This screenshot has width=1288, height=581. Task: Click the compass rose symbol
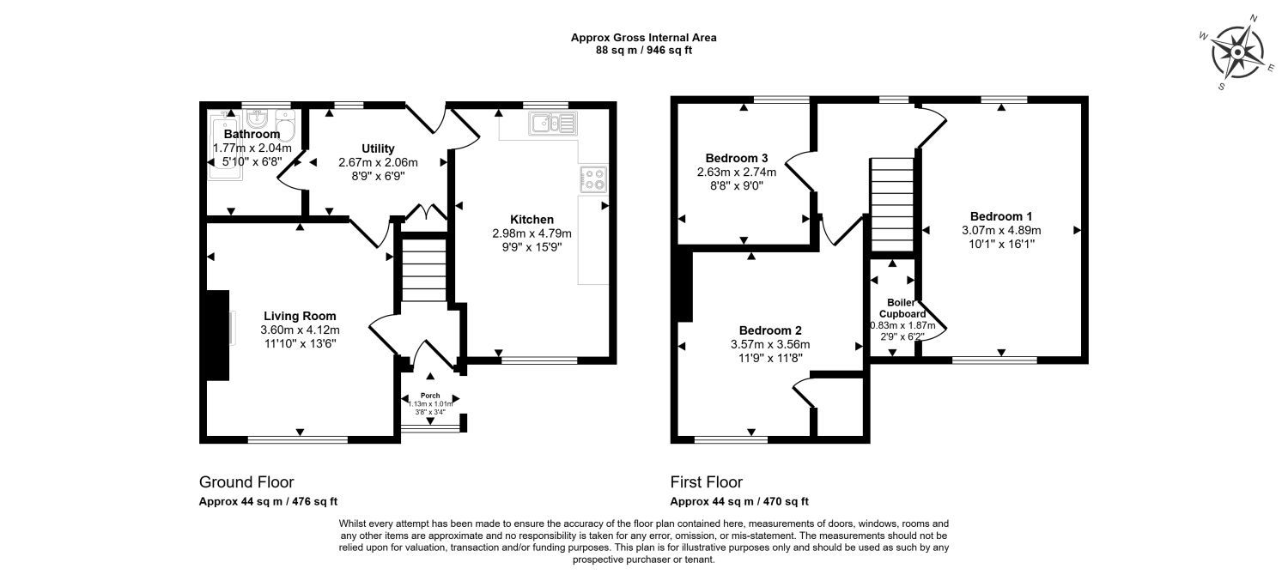[x=1237, y=53]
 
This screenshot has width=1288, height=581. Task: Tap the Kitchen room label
[x=532, y=220]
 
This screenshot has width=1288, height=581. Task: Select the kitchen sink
[x=553, y=124]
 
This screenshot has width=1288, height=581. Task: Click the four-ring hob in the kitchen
[x=593, y=179]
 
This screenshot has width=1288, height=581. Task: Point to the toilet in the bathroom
[x=285, y=125]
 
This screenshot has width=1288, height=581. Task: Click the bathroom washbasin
[x=257, y=118]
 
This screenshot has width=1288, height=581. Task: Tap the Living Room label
[x=300, y=316]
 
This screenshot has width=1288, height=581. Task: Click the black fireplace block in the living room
[x=217, y=336]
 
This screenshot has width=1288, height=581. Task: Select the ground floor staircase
[x=424, y=270]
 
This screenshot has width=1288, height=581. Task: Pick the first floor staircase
[x=892, y=204]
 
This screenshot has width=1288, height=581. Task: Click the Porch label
[x=430, y=396]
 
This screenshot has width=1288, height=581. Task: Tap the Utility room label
[x=378, y=148]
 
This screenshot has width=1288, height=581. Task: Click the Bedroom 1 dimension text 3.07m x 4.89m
[x=1001, y=231]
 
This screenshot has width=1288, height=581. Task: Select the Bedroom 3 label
[x=737, y=158]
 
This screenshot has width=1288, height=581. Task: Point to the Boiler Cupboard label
[x=902, y=308]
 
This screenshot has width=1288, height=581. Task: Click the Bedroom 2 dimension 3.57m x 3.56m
[x=770, y=345]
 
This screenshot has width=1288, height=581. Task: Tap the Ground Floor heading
[x=246, y=482]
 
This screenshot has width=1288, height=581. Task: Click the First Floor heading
[x=706, y=482]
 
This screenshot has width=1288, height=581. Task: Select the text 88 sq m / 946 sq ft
[x=643, y=51]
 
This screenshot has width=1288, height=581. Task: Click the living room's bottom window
[x=298, y=439]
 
